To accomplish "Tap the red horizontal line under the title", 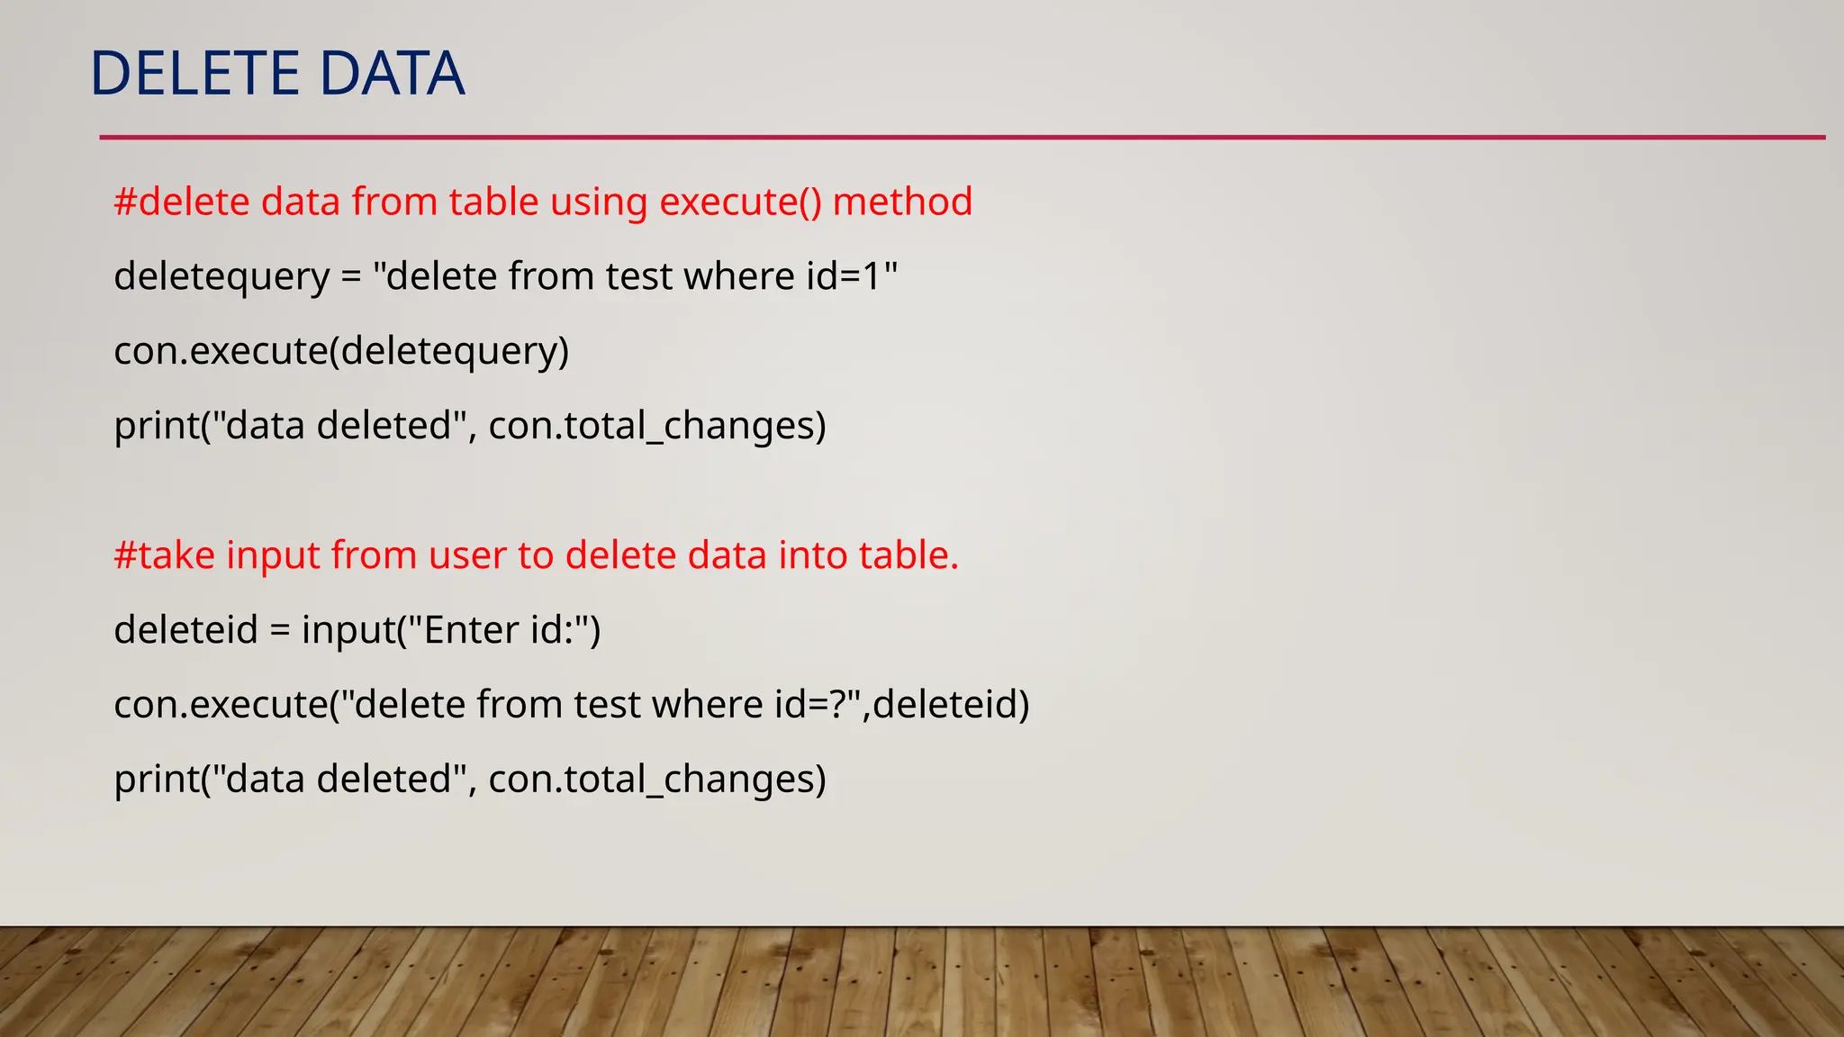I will click(962, 138).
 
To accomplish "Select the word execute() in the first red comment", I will click(740, 202).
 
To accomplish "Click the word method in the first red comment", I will click(902, 202).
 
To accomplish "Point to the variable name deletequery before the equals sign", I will click(221, 276).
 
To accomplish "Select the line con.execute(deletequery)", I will click(341, 351).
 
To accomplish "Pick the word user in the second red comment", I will click(467, 555).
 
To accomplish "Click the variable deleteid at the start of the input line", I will click(185, 630).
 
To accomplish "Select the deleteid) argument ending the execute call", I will click(951, 705).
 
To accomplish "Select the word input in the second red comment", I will click(273, 555).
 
